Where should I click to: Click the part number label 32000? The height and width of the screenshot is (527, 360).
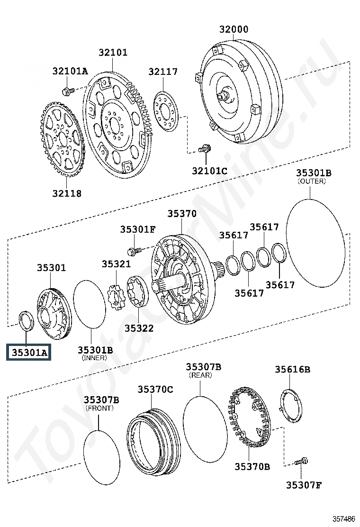pyautogui.click(x=234, y=29)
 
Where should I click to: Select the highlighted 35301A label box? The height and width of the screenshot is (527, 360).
pyautogui.click(x=28, y=352)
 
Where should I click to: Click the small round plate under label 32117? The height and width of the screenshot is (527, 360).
pyautogui.click(x=166, y=111)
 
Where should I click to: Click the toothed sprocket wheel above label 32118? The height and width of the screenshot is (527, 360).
pyautogui.click(x=63, y=139)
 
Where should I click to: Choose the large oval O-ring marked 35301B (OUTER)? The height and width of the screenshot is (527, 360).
pyautogui.click(x=315, y=243)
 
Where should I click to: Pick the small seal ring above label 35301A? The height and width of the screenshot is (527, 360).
pyautogui.click(x=26, y=321)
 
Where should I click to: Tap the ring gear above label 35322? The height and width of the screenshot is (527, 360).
pyautogui.click(x=137, y=291)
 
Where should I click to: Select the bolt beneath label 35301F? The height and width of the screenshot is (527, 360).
pyautogui.click(x=134, y=251)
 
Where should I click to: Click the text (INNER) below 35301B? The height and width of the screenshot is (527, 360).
pyautogui.click(x=94, y=358)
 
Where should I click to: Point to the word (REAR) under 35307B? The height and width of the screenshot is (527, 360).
pyautogui.click(x=200, y=375)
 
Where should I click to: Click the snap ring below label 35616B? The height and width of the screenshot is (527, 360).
pyautogui.click(x=291, y=405)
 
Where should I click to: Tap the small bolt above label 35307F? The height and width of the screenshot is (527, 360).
pyautogui.click(x=301, y=462)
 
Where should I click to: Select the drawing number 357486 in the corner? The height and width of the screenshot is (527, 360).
pyautogui.click(x=343, y=519)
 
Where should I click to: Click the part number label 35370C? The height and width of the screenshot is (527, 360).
pyautogui.click(x=155, y=389)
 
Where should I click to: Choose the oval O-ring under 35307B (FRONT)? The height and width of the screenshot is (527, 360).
pyautogui.click(x=101, y=457)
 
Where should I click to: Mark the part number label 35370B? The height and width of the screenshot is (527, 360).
pyautogui.click(x=252, y=466)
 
